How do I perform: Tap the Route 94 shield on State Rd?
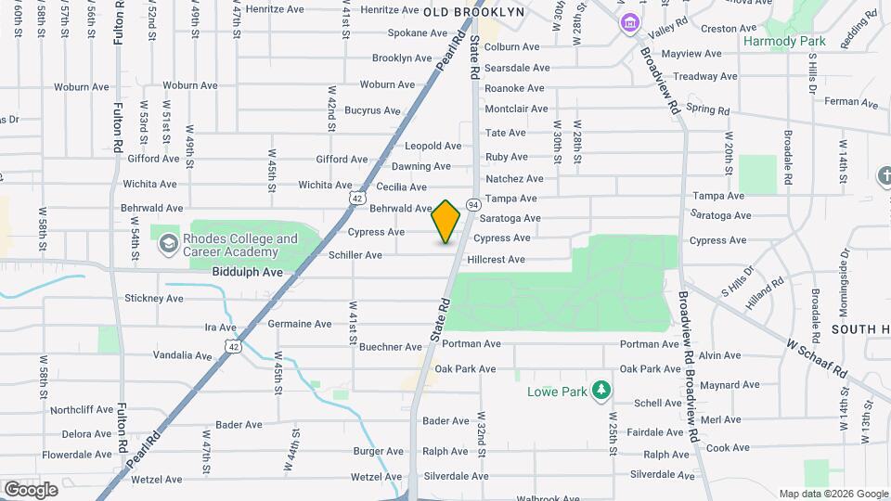point(472,203)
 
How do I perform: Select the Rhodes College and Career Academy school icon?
point(168,244)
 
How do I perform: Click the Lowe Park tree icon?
point(601,391)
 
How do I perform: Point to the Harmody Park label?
point(784,42)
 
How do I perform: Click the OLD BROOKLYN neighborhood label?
point(473,12)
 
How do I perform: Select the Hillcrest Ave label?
point(496,260)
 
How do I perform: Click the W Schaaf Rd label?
point(817,357)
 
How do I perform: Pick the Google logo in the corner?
point(31,489)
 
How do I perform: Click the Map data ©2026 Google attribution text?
point(833,494)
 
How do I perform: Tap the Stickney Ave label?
point(154,299)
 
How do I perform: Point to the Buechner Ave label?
point(391,347)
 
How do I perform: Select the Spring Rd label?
point(707,109)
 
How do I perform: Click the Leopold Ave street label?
point(433,147)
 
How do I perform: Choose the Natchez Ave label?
point(514,178)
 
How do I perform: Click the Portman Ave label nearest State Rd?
point(471,344)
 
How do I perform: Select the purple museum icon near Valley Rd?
point(630,22)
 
